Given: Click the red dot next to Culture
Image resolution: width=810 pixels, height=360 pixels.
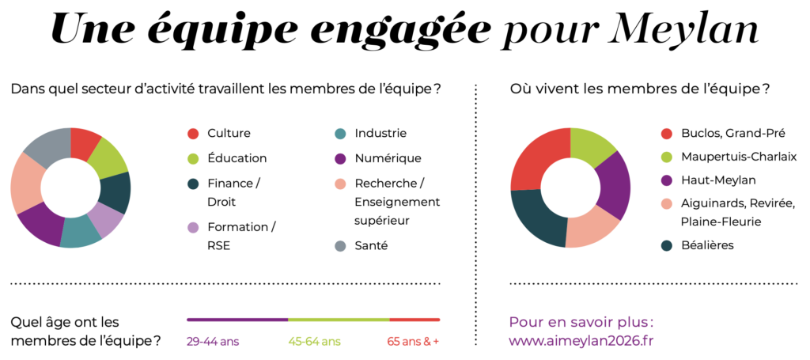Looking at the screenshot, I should pos(192,134).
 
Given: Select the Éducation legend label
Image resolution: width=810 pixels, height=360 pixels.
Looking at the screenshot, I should pos(237,158).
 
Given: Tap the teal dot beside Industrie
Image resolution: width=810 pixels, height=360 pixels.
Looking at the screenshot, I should pos(340,134).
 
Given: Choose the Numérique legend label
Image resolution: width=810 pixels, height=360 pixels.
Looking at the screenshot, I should pos(388,158).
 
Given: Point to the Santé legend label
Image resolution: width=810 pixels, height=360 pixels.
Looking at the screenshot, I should pos(371,246).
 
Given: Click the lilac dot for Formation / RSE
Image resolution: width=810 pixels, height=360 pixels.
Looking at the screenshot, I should pos(192,227).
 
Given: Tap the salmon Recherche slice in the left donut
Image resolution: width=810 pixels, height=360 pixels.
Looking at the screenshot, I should pos(25,184).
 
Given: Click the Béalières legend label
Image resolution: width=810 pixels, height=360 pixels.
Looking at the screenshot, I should pos(707,245).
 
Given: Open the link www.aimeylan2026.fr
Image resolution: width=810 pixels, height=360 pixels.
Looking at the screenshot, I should pos(581,341).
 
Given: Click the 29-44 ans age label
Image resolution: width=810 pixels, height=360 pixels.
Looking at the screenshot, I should pos(213,342).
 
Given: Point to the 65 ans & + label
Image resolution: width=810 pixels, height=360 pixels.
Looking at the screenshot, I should pos(412,342).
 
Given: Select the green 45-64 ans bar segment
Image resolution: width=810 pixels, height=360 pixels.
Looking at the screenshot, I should pos(339,320).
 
